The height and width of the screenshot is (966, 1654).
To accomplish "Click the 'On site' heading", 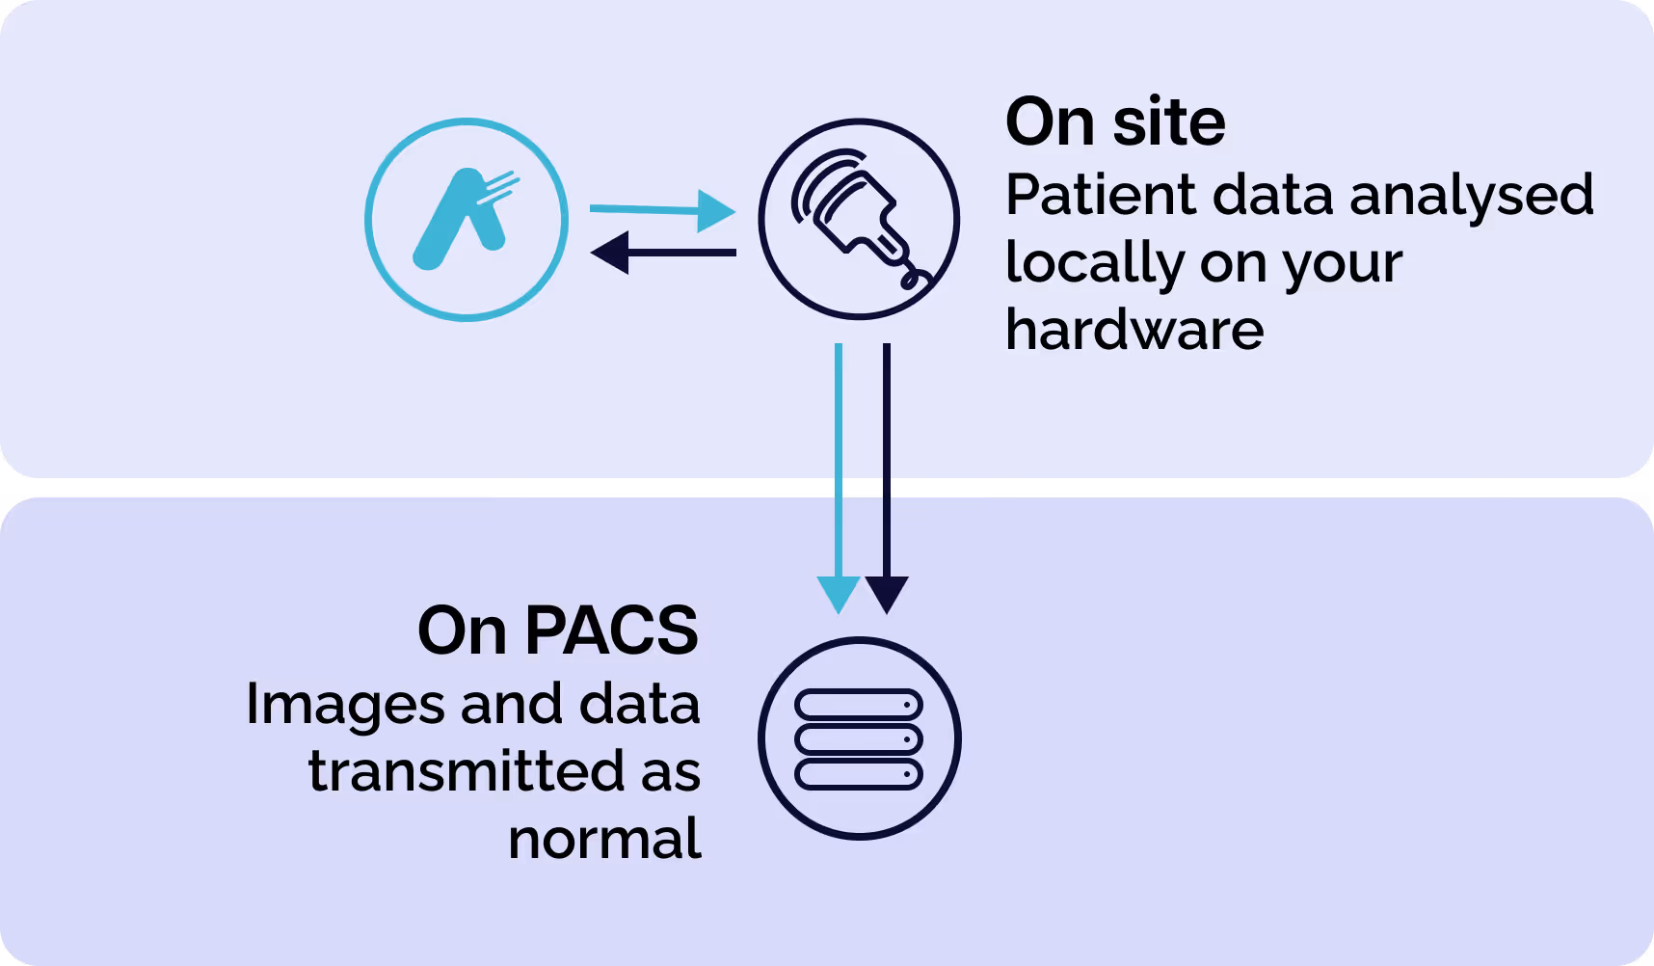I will pyautogui.click(x=1115, y=122).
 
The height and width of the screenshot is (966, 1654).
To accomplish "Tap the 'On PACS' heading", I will pyautogui.click(x=558, y=631).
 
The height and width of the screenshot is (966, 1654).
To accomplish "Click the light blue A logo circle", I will pyautogui.click(x=467, y=220).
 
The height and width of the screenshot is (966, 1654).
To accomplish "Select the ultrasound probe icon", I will pyautogui.click(x=859, y=219).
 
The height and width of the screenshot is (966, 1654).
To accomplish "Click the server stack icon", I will pyautogui.click(x=859, y=738).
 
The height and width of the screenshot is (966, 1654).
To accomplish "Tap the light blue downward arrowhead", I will pyautogui.click(x=839, y=594).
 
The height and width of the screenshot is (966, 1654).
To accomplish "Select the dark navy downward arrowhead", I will pyautogui.click(x=887, y=594).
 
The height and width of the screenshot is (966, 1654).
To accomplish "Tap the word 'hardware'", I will pyautogui.click(x=1134, y=330).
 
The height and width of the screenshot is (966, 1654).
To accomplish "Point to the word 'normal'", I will pyautogui.click(x=604, y=839).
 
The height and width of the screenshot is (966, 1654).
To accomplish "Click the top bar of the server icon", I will pyautogui.click(x=859, y=705).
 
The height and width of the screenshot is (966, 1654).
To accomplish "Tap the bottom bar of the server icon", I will pyautogui.click(x=859, y=773).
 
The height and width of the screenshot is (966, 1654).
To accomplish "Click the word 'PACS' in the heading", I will pyautogui.click(x=612, y=631).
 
